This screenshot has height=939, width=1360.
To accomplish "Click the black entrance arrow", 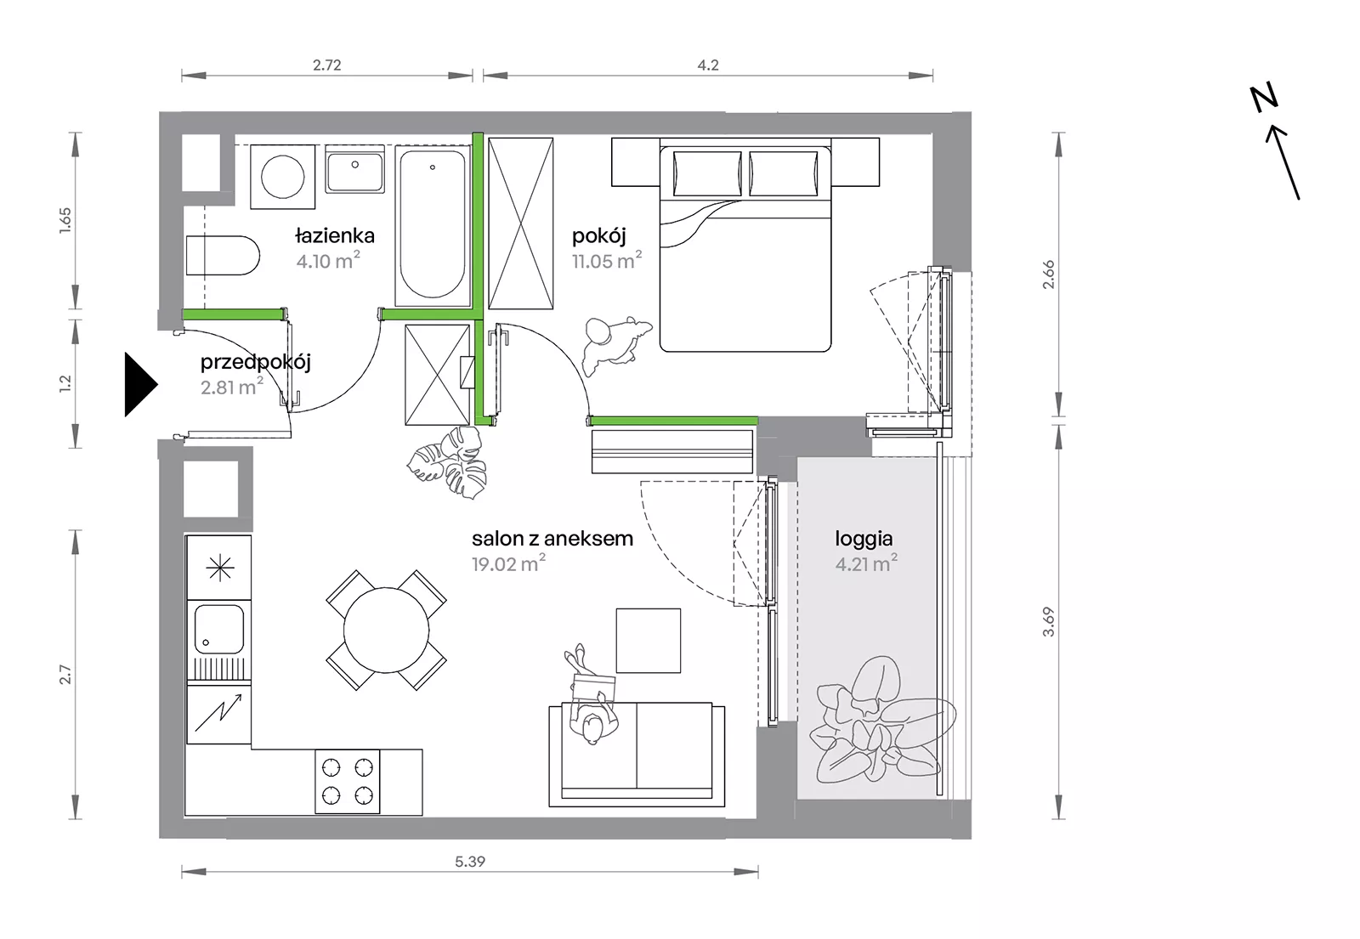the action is point(139,384).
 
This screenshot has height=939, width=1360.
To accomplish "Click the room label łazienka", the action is point(335,235).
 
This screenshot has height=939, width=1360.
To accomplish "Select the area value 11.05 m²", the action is point(607,260).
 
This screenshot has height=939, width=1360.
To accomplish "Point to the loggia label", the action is point(864,539).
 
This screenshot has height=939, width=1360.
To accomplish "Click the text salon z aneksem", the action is point(552,539).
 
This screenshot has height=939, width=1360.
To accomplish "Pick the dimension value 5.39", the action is point(470,861).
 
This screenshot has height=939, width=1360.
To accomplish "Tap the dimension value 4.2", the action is point(708,65).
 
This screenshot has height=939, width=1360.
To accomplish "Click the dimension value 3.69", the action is point(1049,621).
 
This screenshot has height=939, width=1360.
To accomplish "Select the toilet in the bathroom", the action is point(222,256).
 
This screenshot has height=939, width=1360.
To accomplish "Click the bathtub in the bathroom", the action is point(433,225).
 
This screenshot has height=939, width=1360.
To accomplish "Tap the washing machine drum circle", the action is point(282,177).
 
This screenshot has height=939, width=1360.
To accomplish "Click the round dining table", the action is point(386,630).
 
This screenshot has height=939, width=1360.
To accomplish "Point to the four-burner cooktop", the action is point(348,782).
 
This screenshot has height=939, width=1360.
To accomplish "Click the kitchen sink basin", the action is point(218,629).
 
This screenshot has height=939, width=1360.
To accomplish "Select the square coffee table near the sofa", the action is point(648,641).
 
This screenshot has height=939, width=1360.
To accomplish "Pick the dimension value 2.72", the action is point(327,65).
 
